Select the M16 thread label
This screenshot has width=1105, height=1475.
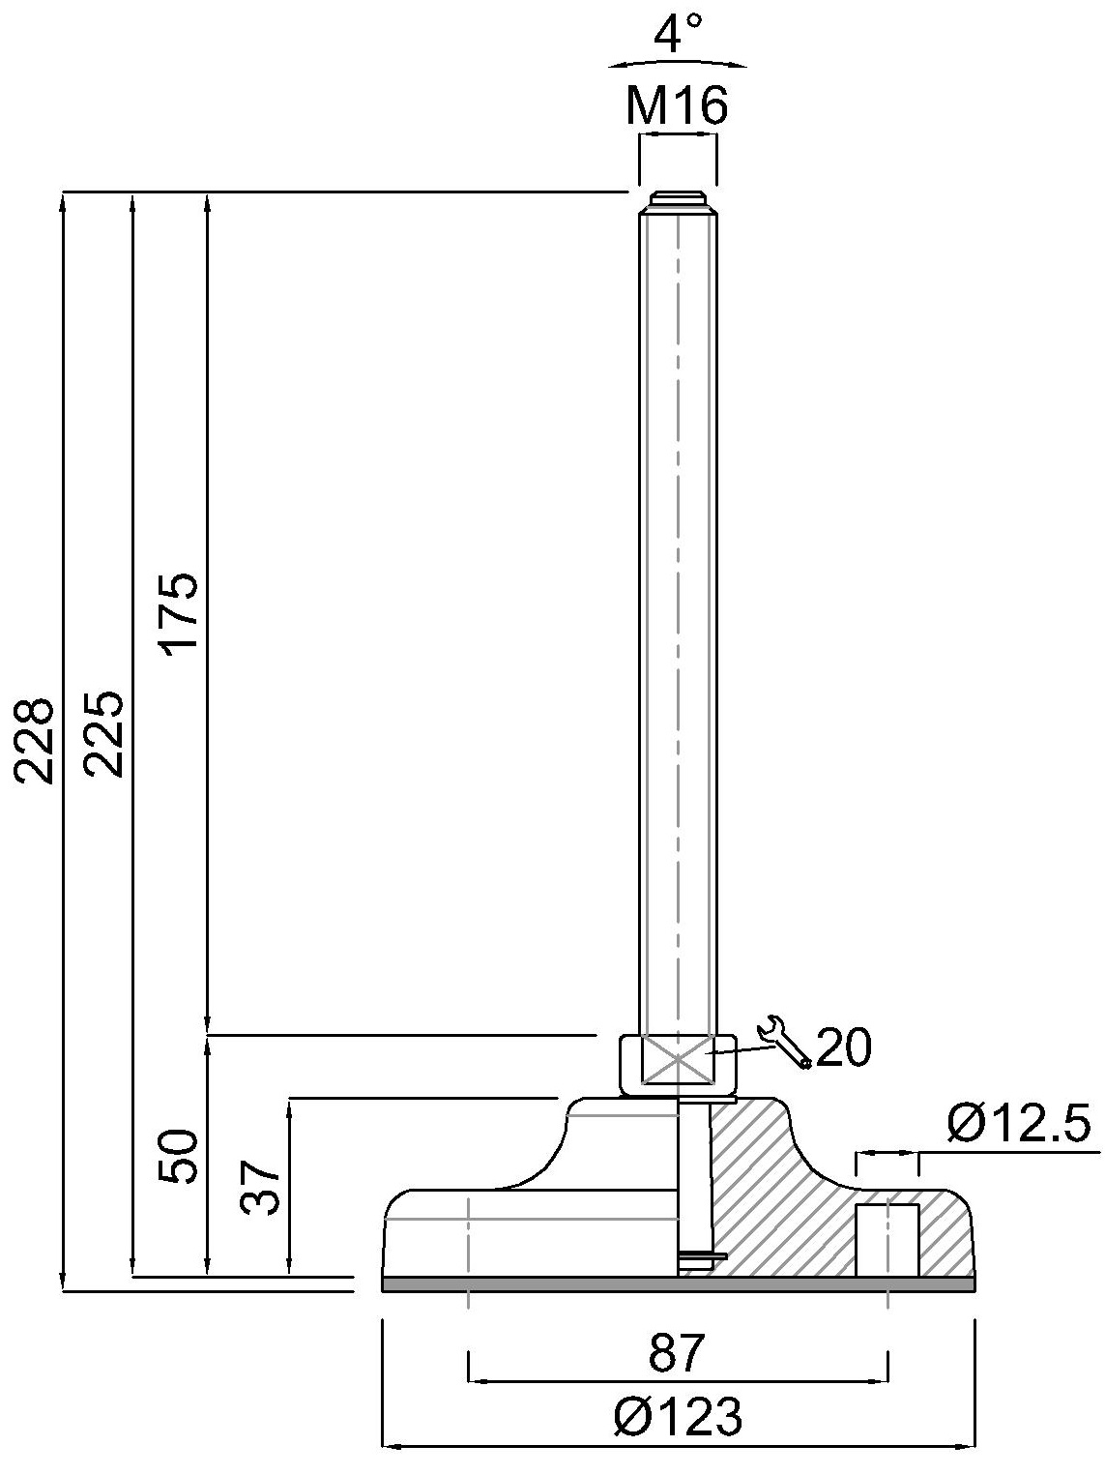(677, 106)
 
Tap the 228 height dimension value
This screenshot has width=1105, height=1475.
(34, 741)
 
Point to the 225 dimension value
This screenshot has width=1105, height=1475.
(104, 734)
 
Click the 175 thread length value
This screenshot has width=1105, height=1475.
(178, 610)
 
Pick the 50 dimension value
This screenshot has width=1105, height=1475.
(178, 1156)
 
